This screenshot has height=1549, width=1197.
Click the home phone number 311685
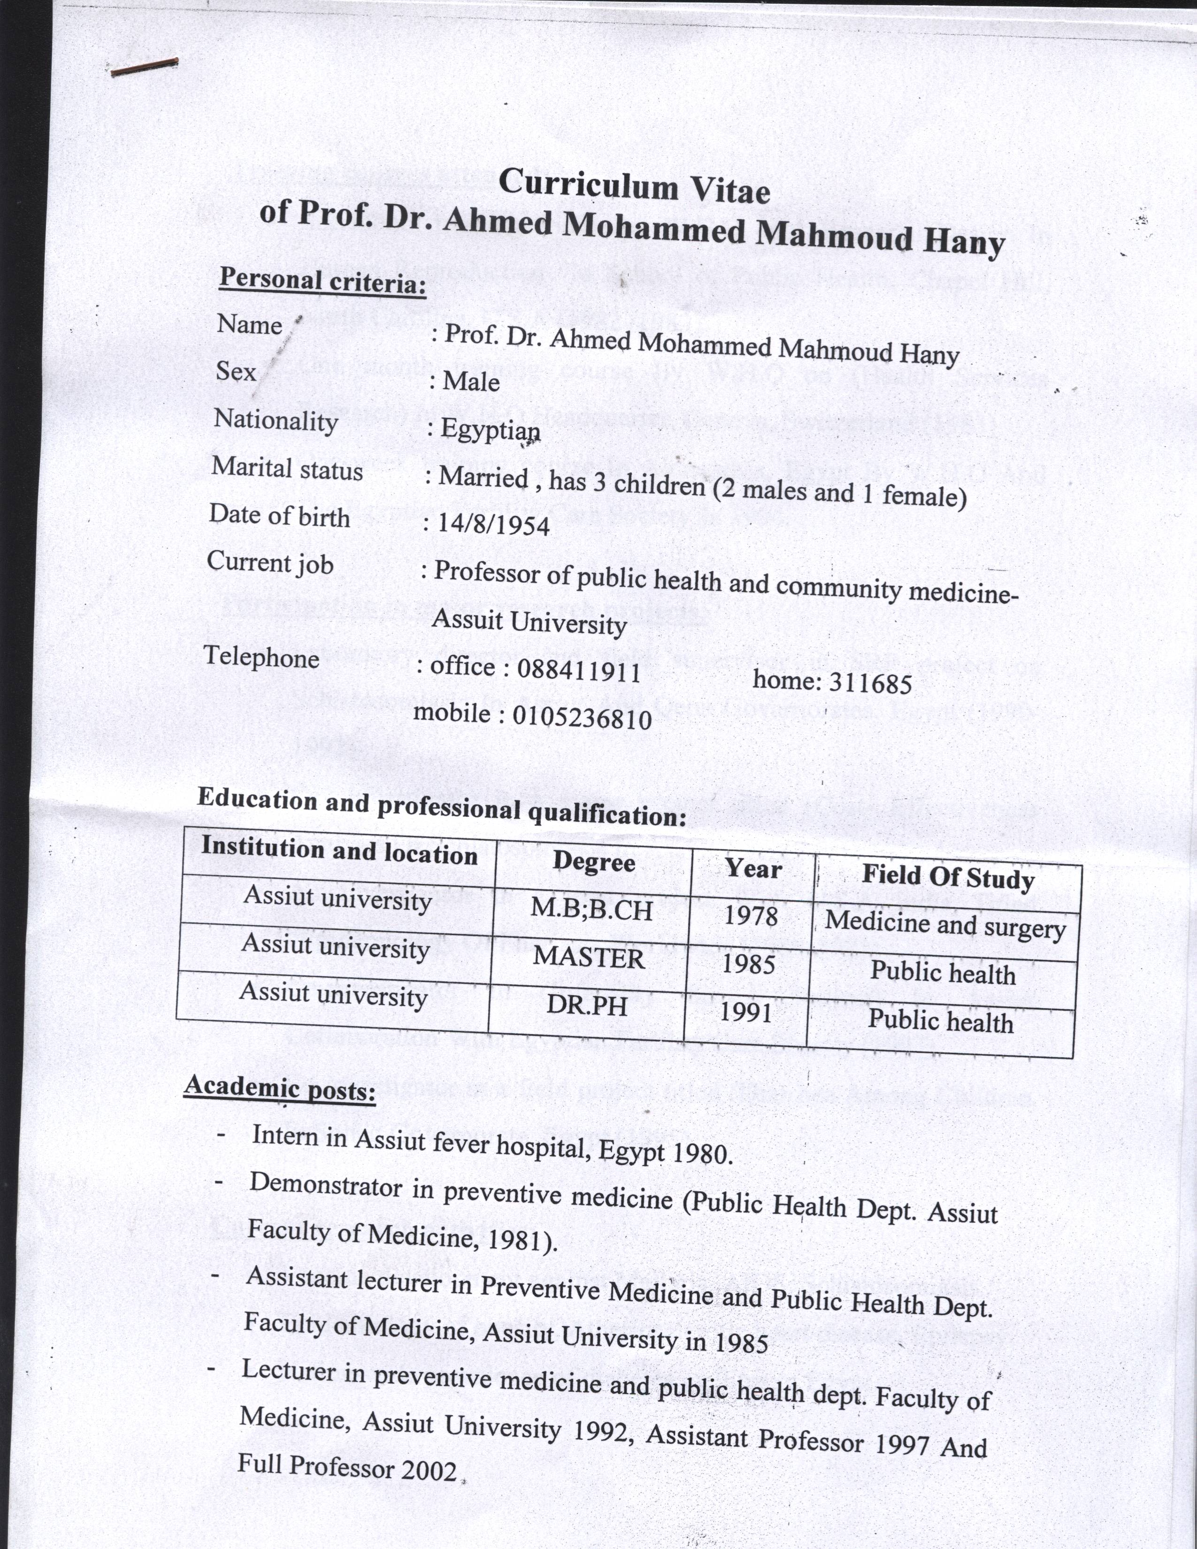[870, 683]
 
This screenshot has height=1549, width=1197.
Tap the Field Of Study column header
[948, 877]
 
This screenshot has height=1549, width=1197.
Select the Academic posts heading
[279, 1087]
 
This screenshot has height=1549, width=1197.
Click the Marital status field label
[287, 469]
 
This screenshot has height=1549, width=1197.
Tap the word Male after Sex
[471, 382]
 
